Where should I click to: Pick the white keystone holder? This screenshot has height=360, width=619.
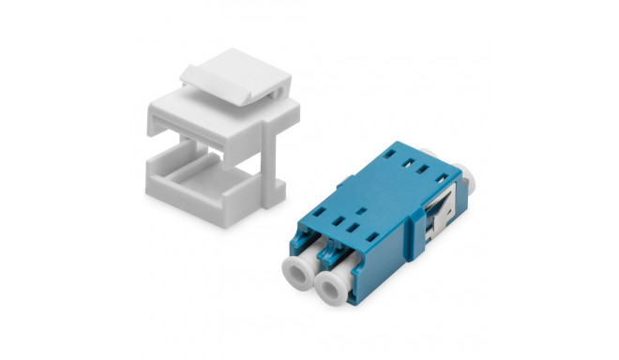click(221, 150)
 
